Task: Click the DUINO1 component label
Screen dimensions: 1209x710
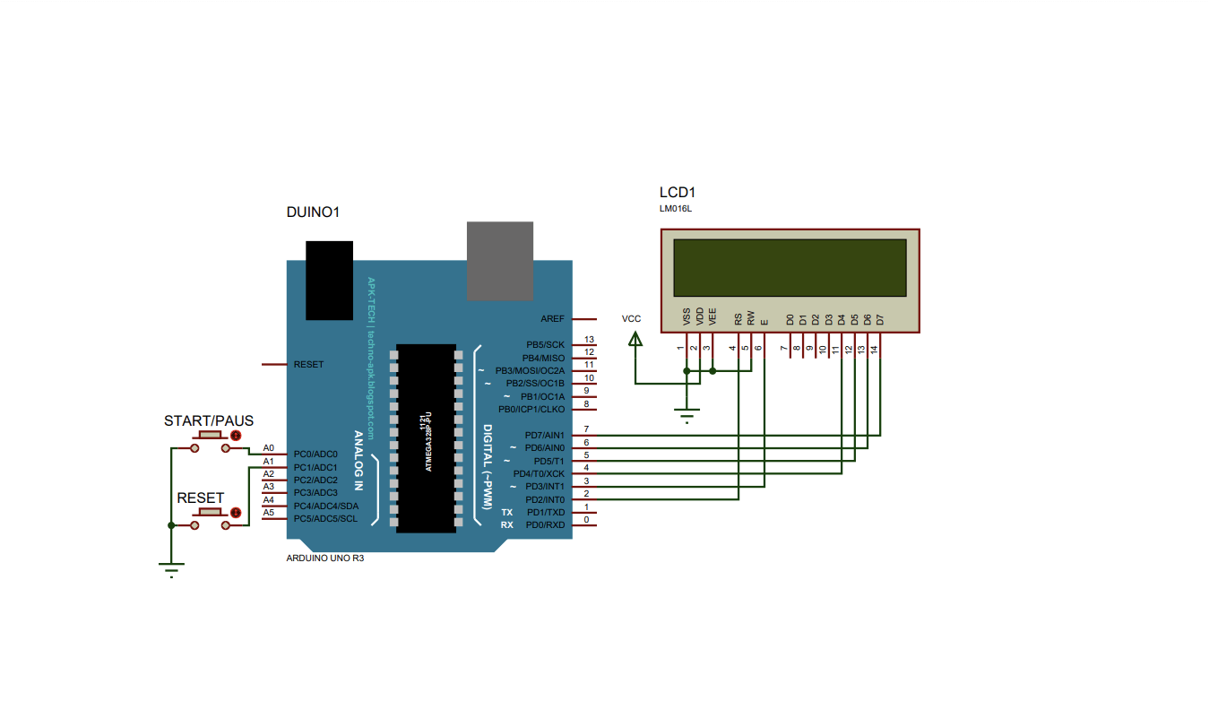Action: pos(313,212)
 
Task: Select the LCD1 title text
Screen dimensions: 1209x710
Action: pos(678,192)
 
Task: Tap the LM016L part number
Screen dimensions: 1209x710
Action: pos(675,209)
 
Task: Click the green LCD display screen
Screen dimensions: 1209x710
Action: pos(790,268)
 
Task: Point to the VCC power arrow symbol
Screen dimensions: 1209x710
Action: pos(635,340)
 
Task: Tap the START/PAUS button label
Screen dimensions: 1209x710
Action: pos(209,420)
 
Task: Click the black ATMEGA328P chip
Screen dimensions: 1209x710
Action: pos(426,438)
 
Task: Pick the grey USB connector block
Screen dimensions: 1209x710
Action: pos(500,261)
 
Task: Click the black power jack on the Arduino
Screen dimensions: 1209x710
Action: pos(329,281)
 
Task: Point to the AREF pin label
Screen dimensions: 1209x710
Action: pos(552,319)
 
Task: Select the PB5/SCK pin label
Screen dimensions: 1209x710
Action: pos(545,344)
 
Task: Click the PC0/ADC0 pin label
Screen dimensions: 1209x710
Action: pos(315,455)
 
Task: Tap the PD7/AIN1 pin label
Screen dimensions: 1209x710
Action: pos(545,435)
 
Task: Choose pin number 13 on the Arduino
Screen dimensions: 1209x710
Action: pos(589,340)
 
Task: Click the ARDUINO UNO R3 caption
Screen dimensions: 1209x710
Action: pos(325,558)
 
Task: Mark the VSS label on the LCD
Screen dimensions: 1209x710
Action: pos(687,316)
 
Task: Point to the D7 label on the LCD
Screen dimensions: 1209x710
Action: pos(880,320)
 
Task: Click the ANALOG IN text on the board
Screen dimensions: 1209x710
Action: pos(358,460)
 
